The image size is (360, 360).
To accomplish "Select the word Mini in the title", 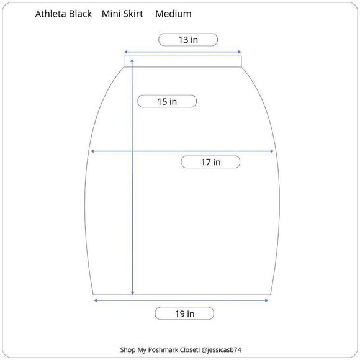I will pos(112,14).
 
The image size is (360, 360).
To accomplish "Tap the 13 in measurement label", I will pos(188,40).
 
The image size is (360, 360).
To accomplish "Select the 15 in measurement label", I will pos(166,101).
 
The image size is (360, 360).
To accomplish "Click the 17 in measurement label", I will pos(210,162).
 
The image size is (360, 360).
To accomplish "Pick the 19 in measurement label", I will pos(184,313).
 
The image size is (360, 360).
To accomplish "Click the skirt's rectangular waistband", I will pos(182,61).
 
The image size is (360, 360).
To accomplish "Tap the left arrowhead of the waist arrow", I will pos(125,52).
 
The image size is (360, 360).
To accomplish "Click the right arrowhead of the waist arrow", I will pos(239,52).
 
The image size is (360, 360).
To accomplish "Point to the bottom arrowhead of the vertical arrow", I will pos(132,293).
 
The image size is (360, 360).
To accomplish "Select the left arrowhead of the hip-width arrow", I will pos(92,151).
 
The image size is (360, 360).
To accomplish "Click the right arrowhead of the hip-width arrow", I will pos(272,151).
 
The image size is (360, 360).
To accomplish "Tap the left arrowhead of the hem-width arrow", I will pos(95,300).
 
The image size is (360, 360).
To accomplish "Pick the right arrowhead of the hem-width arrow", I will pos(267,300).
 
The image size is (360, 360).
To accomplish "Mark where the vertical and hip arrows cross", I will pos(132,151).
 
